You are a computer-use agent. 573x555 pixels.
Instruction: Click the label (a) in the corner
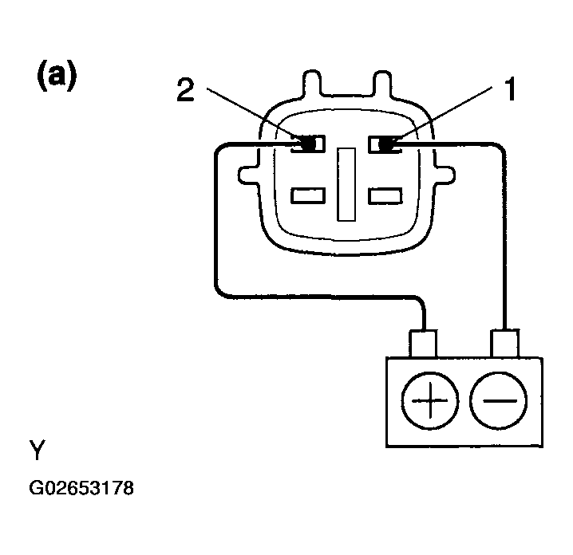tap(57, 76)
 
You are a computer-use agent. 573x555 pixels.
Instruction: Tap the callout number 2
tap(185, 89)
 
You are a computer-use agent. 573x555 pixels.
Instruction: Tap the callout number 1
tap(510, 89)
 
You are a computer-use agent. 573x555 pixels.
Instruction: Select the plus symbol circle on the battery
tap(429, 400)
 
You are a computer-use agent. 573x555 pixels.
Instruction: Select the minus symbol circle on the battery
tap(499, 400)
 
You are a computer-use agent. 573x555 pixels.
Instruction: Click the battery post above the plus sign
tap(423, 344)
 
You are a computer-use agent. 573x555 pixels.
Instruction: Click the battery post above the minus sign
tap(504, 343)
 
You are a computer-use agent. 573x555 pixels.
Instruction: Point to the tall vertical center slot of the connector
tap(346, 184)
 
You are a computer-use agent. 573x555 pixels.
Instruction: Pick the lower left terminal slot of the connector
tap(308, 195)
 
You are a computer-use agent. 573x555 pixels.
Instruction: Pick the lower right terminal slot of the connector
tap(385, 195)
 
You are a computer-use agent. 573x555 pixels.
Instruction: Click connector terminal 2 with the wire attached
tap(308, 144)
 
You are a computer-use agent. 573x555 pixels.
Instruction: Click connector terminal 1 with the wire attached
tap(385, 144)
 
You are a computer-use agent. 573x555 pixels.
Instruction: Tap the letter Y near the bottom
tap(38, 450)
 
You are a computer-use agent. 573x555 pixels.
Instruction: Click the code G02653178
tap(81, 488)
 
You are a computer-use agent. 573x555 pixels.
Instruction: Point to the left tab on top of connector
tap(312, 83)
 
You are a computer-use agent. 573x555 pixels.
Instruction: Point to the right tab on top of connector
tap(382, 83)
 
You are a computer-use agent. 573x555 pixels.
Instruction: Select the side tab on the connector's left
tap(249, 175)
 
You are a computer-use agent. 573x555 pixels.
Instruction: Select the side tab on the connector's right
tap(445, 175)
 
